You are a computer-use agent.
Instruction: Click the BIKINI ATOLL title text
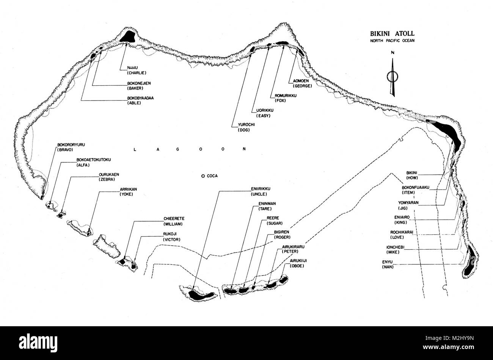(392, 33)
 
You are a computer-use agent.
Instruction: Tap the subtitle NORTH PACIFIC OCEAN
(392, 41)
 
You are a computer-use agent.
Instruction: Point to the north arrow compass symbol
(392, 76)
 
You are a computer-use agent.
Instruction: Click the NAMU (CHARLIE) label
(137, 70)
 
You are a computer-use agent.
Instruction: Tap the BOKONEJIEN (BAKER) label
(139, 86)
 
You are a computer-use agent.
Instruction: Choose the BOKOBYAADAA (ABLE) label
(140, 101)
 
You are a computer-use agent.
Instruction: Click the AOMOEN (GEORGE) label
(302, 83)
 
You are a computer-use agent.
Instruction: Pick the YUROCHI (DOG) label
(246, 127)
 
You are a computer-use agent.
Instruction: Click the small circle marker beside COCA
(203, 176)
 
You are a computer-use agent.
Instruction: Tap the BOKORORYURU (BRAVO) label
(71, 147)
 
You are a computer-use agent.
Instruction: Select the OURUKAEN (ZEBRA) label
(109, 177)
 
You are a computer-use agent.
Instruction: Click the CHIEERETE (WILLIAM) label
(174, 221)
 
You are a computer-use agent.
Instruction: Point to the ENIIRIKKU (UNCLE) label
(261, 192)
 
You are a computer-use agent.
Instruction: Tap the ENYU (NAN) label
(387, 264)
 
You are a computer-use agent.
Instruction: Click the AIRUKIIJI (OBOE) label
(298, 263)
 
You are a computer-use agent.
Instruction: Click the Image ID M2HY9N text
(449, 338)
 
